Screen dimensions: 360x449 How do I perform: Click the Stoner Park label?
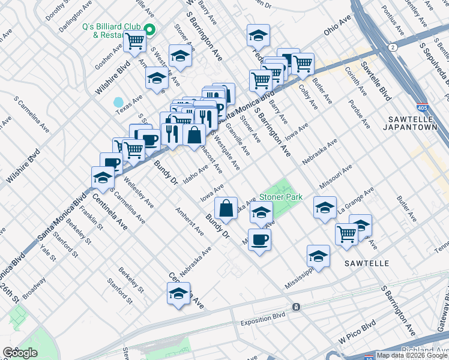pos(280,197)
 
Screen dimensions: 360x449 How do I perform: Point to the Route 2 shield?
pos(392,47)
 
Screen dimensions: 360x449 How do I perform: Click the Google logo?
pos(20,353)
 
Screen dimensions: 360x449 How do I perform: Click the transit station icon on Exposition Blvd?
pos(295,307)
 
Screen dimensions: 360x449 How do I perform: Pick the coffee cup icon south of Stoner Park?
pos(260,239)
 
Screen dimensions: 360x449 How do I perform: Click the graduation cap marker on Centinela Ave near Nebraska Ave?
pos(179,294)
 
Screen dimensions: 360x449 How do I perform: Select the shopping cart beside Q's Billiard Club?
pos(136,40)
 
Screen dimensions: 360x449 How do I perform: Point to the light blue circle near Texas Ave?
pos(118,102)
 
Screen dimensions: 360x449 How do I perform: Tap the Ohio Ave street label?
pos(337,28)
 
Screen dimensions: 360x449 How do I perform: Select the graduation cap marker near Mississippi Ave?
pos(318,256)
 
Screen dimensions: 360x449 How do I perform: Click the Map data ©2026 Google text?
pos(412,355)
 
